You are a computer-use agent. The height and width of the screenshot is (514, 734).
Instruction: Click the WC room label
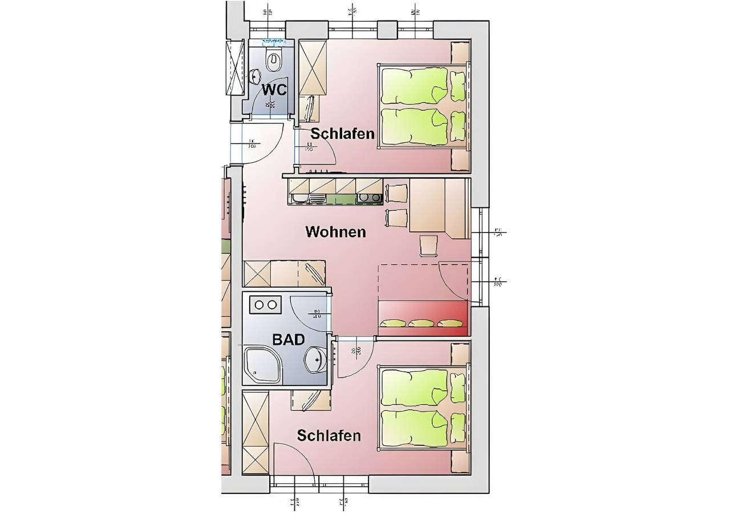[274, 89]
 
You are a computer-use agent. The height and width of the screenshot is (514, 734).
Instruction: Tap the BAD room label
[288, 339]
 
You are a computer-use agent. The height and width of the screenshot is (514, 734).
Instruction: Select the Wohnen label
[335, 232]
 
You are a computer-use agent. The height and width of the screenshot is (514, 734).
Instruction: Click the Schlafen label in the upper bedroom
[342, 134]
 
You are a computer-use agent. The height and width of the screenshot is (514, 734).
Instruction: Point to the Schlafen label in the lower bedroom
[329, 436]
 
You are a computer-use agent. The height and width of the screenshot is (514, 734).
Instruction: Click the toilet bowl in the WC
[274, 58]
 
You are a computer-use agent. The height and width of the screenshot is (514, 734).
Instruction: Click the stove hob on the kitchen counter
[369, 198]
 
